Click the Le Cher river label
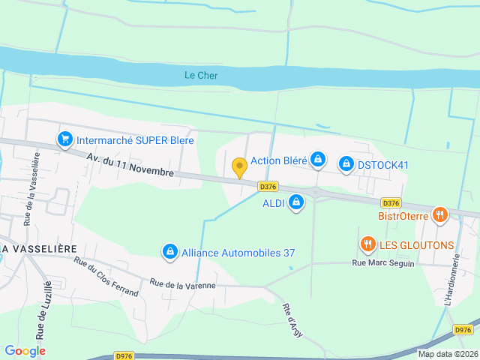tap(200, 75)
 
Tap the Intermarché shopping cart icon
tap(64, 139)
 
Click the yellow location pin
tap(239, 167)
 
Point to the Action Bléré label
tap(278, 160)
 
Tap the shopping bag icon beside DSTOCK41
tap(346, 163)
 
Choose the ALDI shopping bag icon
tap(297, 202)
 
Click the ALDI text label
tap(273, 203)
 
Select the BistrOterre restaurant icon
tap(439, 215)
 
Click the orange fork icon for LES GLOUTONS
tap(367, 244)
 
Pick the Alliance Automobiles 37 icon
tap(170, 252)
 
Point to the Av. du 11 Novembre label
tap(130, 165)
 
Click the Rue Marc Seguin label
tap(383, 262)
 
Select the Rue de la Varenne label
tap(182, 284)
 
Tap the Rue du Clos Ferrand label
tap(106, 276)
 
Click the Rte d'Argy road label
tap(292, 319)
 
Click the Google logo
tap(25, 350)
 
